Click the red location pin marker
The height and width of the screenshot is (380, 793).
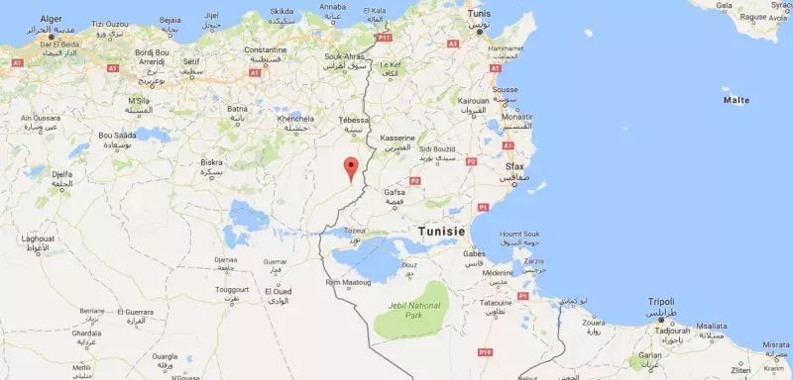(x=350, y=167)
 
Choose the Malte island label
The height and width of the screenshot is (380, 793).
(x=736, y=100)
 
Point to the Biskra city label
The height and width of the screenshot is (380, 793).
(x=211, y=161)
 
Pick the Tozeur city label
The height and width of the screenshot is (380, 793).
(x=354, y=230)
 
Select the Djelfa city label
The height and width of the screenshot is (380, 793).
(x=61, y=174)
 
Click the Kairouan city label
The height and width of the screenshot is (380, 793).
(x=473, y=100)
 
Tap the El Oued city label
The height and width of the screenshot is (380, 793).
(x=278, y=292)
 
